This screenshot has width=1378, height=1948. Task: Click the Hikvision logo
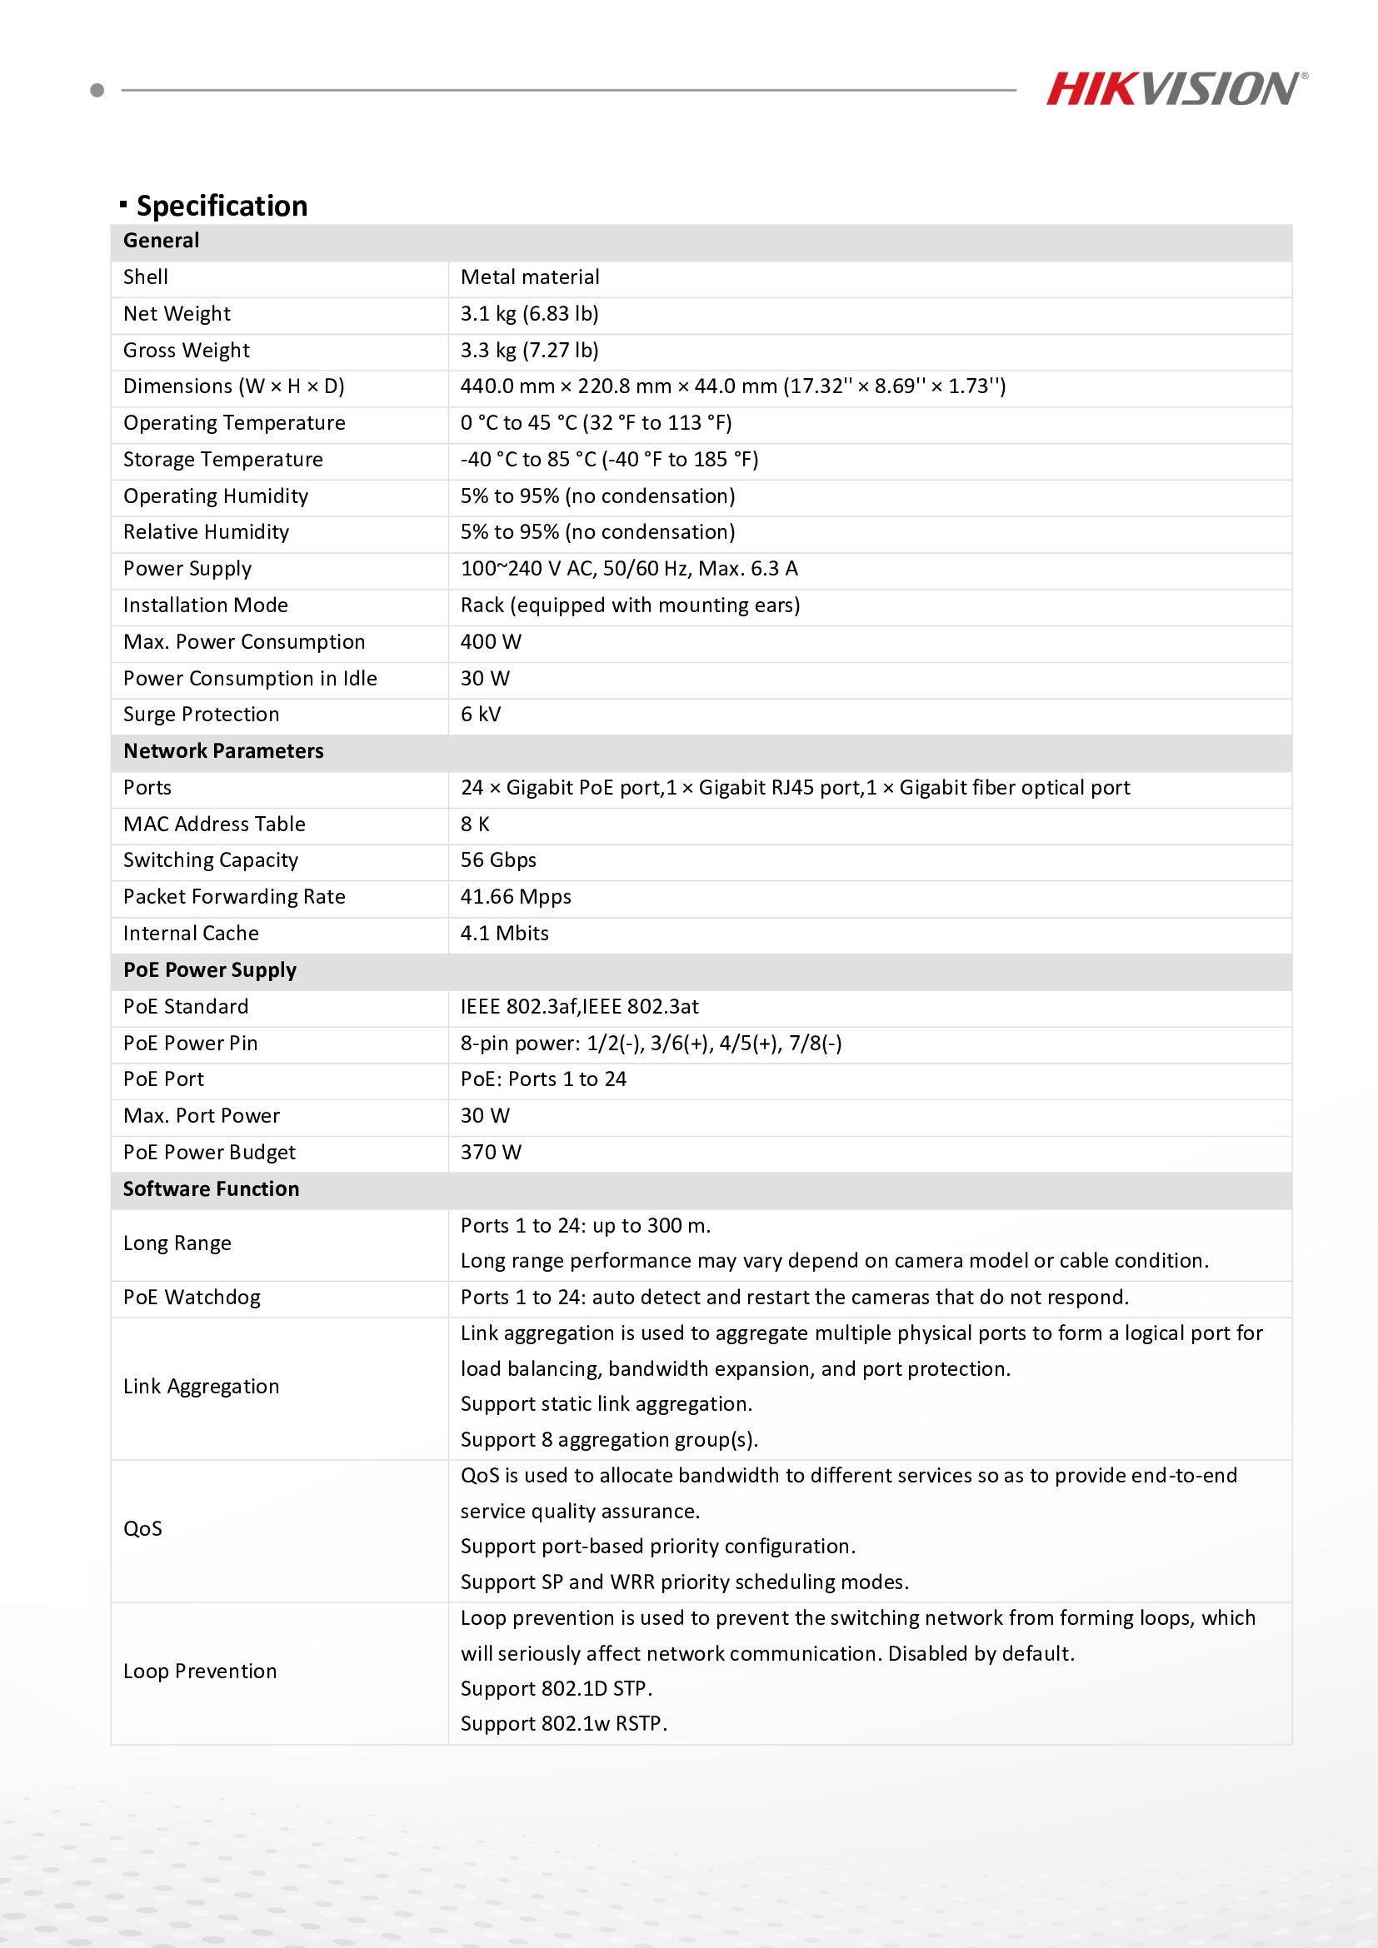point(1176,88)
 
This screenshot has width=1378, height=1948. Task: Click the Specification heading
point(222,207)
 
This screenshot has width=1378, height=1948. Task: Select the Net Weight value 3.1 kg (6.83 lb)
point(530,314)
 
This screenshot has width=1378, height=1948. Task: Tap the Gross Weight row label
point(187,351)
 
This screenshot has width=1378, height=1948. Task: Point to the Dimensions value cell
point(732,387)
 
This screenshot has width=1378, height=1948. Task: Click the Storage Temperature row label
point(223,460)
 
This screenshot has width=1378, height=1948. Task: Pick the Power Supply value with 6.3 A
point(629,569)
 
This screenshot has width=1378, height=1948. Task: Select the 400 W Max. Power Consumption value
point(491,641)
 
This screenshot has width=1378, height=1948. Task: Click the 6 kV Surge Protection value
point(480,715)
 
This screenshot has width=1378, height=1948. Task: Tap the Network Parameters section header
point(223,751)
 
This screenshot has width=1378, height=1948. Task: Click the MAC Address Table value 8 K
point(475,824)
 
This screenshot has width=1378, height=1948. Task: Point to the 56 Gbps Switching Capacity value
point(498,860)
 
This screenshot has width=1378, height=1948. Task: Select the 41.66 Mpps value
point(515,897)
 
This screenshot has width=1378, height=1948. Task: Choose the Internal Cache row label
point(191,934)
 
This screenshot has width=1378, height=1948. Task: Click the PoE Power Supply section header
point(210,969)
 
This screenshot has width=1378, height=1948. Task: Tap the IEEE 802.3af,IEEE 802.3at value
point(580,1006)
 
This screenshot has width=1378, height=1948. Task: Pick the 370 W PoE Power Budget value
point(491,1152)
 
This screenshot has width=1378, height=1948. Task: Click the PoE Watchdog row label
point(192,1298)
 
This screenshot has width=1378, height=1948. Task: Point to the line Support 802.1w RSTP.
point(563,1723)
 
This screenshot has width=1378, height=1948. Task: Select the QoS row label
point(142,1528)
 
